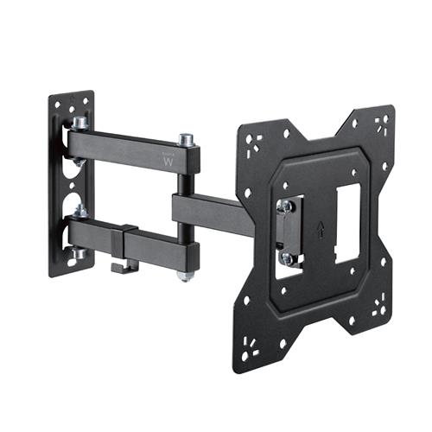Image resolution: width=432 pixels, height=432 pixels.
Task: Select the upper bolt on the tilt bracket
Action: click(x=283, y=206)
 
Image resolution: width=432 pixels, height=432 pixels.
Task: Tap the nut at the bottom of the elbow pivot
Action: click(x=185, y=276)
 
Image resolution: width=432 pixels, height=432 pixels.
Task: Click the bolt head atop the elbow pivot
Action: click(x=186, y=139)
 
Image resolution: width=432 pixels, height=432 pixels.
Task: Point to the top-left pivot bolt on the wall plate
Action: click(x=79, y=124)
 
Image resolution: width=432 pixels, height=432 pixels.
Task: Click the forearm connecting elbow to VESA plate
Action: click(x=207, y=207)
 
